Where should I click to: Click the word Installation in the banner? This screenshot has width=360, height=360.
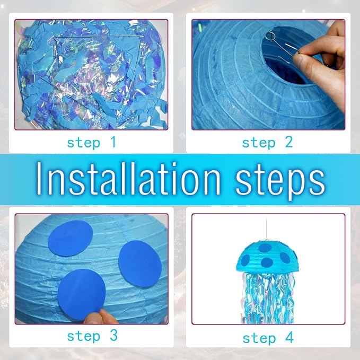(128, 178)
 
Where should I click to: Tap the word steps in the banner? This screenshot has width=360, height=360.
(280, 181)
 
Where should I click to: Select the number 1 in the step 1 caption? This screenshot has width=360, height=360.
(113, 142)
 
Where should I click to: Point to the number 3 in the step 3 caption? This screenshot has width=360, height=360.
(113, 336)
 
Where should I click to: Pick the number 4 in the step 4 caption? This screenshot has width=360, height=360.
(289, 338)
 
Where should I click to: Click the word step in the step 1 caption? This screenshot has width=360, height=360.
(84, 143)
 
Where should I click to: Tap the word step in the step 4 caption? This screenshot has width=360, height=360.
(259, 339)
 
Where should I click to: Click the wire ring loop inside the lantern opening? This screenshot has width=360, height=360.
(270, 36)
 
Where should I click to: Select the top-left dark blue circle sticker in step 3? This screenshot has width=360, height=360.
(71, 238)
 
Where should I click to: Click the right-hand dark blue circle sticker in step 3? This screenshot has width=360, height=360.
(140, 265)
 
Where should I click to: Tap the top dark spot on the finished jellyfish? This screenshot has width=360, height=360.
(265, 248)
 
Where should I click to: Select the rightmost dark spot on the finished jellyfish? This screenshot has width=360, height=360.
(285, 258)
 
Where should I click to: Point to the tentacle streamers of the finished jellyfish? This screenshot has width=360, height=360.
(268, 297)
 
